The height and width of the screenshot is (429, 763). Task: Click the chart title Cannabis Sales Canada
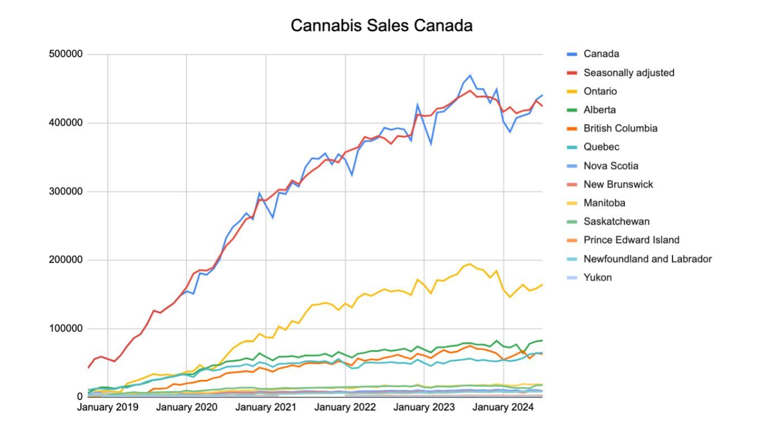[381, 26]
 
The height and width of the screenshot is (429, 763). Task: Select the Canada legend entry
[601, 54]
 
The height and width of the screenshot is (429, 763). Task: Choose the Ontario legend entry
[600, 91]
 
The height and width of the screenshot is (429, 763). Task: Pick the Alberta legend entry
[599, 110]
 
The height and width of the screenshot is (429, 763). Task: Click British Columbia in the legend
[620, 128]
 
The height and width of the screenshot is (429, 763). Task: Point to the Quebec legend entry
[601, 147]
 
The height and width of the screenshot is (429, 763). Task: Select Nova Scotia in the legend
[611, 166]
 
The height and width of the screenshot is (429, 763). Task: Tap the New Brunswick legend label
[618, 184]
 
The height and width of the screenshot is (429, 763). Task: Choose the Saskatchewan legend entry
[616, 222]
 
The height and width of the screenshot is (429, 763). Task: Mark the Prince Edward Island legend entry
[631, 240]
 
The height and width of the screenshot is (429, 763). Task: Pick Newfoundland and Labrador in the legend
[647, 259]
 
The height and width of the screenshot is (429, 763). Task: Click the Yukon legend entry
[597, 278]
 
